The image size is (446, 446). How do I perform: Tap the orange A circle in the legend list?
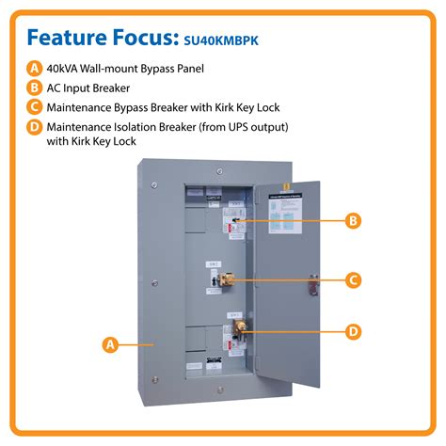point(35,67)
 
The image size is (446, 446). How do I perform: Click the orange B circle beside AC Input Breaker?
point(35,87)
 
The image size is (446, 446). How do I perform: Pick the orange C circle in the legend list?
point(35,106)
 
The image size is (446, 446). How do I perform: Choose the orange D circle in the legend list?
point(35,126)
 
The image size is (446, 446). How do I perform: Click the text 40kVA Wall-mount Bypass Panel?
point(127,67)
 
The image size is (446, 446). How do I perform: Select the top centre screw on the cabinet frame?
point(217,171)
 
